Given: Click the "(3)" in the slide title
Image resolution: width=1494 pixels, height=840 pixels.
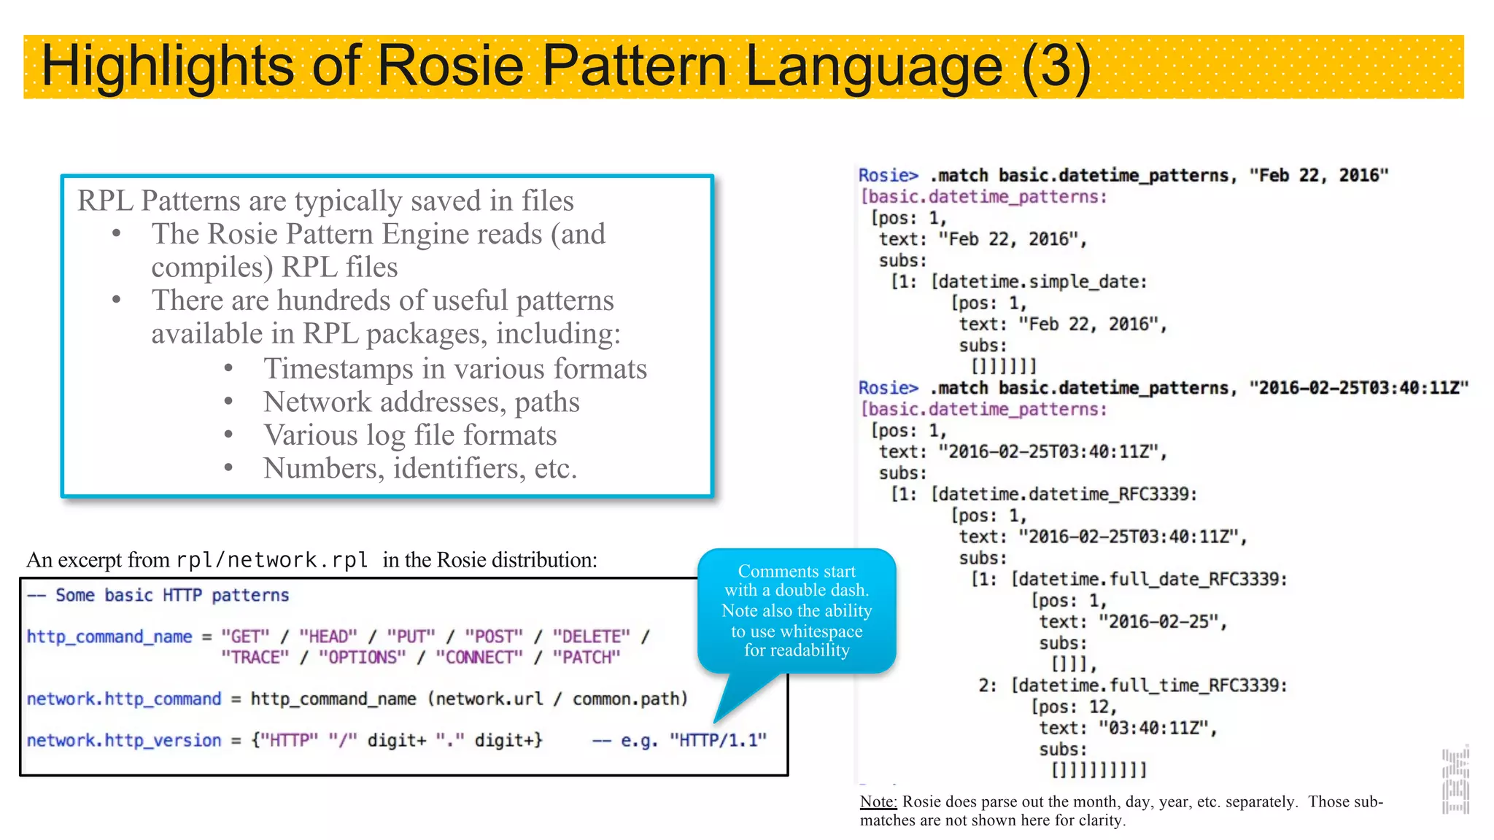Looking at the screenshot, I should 1056,66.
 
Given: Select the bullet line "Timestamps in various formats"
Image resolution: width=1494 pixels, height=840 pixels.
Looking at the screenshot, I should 454,369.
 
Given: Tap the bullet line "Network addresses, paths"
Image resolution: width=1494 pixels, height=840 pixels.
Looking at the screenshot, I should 421,402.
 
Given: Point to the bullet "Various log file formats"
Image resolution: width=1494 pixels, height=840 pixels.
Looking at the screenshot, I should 410,435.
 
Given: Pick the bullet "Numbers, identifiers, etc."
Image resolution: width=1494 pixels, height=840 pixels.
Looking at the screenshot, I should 420,468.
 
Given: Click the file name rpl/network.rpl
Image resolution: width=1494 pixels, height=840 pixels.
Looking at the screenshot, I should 271,560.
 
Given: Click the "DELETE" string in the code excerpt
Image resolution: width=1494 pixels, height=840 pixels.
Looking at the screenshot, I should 591,637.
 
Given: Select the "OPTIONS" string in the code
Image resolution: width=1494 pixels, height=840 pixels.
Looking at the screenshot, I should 362,658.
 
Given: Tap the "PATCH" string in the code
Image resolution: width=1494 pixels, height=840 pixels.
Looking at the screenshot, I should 586,658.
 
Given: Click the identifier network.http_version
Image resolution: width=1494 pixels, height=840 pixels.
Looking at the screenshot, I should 124,741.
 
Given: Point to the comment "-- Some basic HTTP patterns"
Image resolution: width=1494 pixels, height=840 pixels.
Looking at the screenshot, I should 158,596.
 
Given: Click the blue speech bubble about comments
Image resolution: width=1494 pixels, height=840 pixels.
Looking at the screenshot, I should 797,610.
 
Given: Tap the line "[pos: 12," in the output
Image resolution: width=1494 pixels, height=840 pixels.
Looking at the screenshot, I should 1073,707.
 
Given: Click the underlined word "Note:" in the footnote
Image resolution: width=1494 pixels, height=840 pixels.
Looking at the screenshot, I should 878,802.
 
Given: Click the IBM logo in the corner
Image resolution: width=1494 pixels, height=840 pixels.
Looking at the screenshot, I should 1455,781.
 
